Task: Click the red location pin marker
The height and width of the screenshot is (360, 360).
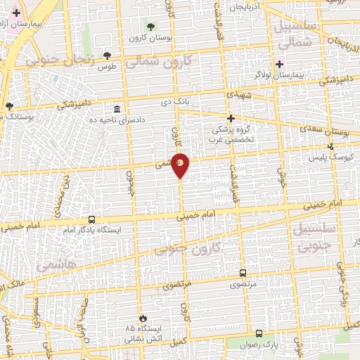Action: [181, 165]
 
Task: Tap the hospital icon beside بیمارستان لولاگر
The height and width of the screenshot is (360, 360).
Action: [279, 64]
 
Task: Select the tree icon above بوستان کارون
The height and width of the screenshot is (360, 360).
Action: [151, 26]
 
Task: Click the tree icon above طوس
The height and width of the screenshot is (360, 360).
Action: [107, 55]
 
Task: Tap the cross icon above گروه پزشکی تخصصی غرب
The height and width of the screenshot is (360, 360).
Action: [230, 118]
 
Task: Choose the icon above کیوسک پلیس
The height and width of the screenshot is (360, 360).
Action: [330, 146]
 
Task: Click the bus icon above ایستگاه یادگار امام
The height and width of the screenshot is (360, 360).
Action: [91, 219]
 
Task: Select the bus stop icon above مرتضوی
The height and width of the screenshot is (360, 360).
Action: [243, 274]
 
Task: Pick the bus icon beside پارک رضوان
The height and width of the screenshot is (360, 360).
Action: [259, 334]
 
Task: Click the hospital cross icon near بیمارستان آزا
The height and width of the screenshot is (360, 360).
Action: [16, 13]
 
